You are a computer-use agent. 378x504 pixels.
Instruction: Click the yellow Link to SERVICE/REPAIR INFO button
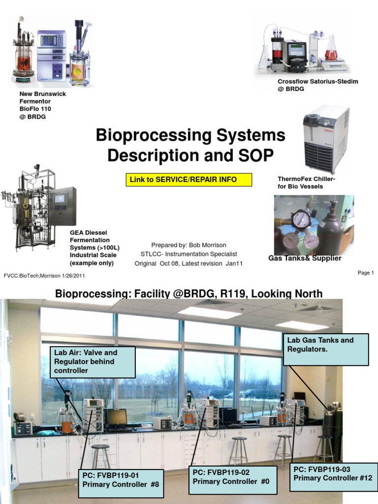tap(189, 180)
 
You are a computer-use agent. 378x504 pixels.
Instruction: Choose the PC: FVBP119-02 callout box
tap(233, 476)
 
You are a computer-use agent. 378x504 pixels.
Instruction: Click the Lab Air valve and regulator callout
tap(93, 361)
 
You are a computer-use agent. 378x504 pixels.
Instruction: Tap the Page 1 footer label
tap(366, 273)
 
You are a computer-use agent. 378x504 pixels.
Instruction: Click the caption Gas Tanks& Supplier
tap(305, 258)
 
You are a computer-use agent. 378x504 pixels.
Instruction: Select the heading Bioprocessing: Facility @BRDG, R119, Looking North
tap(189, 294)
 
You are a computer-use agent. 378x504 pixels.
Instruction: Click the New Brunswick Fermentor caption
tap(42, 105)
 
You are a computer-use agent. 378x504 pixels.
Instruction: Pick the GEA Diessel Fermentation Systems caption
tap(93, 248)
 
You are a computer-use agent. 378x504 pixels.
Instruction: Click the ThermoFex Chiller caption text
tap(306, 183)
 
